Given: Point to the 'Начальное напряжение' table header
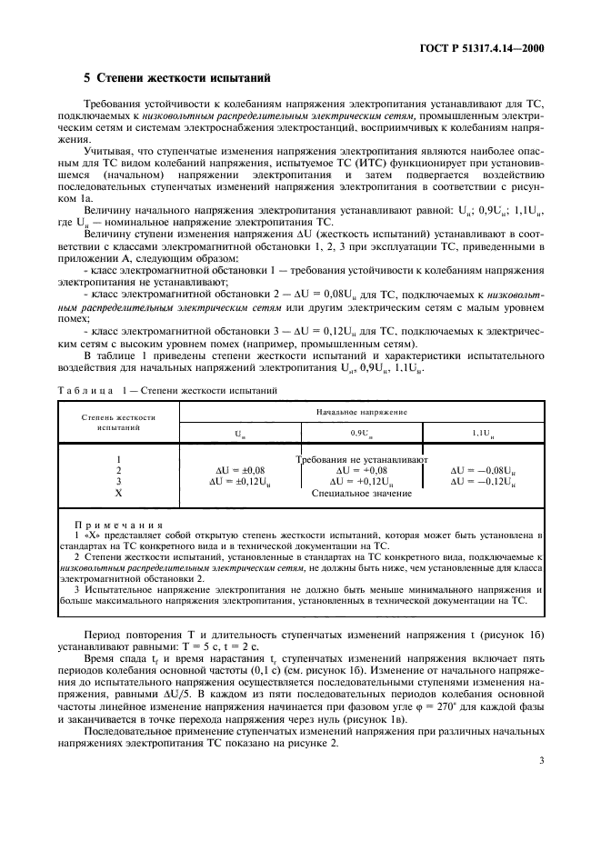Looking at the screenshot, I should tap(362, 411).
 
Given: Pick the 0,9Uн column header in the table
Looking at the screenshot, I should tap(362, 434).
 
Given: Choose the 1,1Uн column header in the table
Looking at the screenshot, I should tap(481, 434).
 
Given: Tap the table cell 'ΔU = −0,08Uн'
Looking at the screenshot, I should tap(483, 470).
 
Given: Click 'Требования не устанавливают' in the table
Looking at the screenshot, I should tap(362, 459).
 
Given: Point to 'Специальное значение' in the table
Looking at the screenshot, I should tap(362, 492).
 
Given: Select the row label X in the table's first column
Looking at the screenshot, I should tap(118, 492).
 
